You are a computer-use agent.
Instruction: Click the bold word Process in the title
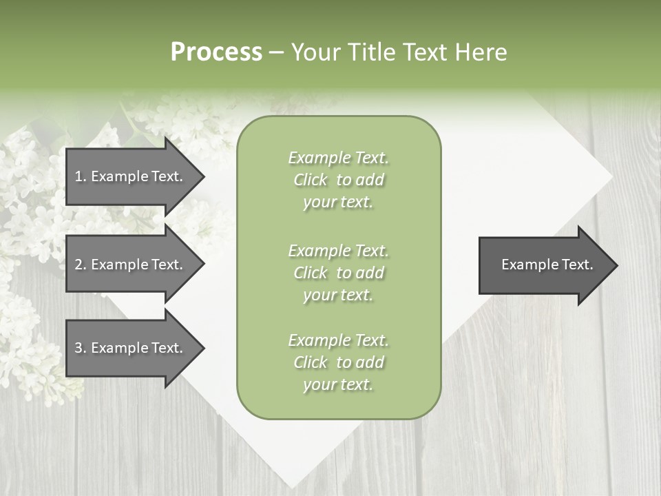coord(216,52)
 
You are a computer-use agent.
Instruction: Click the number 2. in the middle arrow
coord(80,265)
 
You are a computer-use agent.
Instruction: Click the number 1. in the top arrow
coord(80,176)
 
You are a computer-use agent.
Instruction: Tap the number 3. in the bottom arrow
coord(80,348)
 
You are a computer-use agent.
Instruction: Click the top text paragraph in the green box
coord(338,180)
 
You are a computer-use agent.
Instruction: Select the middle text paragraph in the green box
coord(338,273)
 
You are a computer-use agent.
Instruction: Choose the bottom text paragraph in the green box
coord(338,362)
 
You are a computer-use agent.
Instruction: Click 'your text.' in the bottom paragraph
coord(338,385)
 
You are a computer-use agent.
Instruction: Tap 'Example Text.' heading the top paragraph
coord(338,158)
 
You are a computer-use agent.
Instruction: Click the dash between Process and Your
coord(276,53)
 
